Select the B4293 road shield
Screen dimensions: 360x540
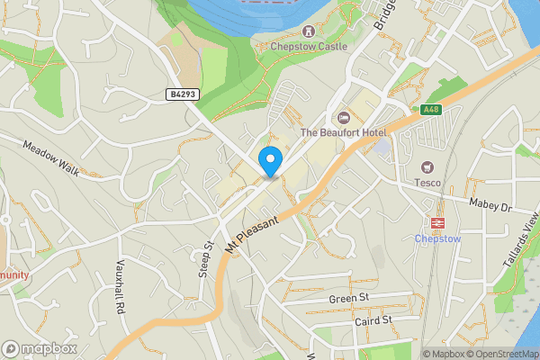[x=181, y=94]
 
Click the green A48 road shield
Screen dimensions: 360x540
[x=430, y=110]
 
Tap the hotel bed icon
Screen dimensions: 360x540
[x=342, y=117]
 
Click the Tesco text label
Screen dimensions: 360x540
[x=427, y=184]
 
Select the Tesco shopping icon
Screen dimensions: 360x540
[x=427, y=167]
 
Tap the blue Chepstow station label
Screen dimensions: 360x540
[x=438, y=238]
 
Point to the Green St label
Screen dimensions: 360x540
[x=349, y=299]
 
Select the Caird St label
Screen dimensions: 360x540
[x=373, y=319]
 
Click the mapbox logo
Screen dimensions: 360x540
[x=39, y=348]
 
